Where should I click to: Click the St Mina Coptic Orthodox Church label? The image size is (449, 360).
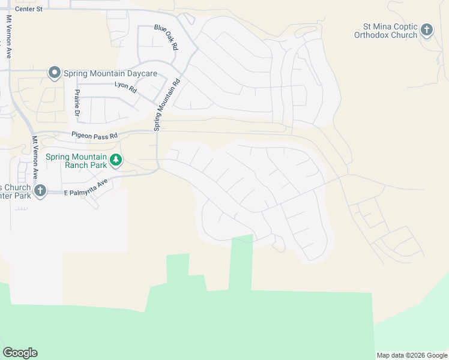click(390, 31)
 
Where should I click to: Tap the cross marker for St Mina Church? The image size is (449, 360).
click(427, 29)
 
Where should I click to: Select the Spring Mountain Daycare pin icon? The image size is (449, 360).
click(54, 73)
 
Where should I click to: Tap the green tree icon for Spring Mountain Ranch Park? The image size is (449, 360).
click(116, 160)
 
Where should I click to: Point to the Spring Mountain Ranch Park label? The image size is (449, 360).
click(76, 161)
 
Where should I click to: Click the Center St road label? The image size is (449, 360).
click(29, 9)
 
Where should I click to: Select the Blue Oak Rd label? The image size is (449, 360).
click(167, 37)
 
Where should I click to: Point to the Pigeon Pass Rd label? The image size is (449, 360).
click(94, 135)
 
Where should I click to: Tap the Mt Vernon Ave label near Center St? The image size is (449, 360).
click(9, 36)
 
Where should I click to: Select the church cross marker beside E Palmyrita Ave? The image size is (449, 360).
click(40, 191)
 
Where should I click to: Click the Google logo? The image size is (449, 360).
click(20, 353)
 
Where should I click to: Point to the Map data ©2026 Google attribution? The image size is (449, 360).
click(412, 355)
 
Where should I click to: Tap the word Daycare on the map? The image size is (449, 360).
click(140, 74)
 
